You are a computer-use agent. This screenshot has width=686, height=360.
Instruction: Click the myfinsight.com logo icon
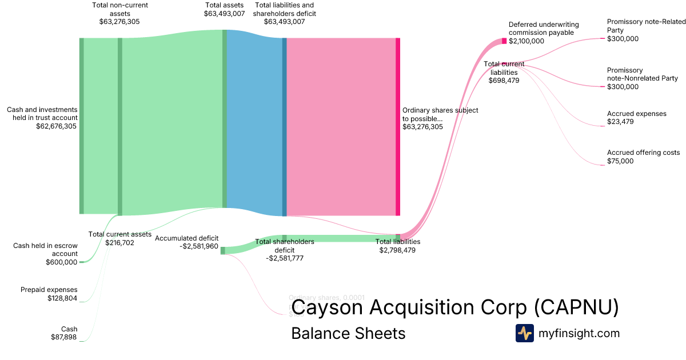pos(524,333)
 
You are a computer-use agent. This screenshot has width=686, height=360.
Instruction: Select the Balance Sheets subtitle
pos(348,333)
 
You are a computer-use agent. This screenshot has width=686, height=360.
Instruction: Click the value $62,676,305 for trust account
pos(56,126)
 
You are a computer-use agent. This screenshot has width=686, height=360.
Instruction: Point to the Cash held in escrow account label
pos(45,250)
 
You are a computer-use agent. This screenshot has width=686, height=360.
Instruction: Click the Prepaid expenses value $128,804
pos(62,298)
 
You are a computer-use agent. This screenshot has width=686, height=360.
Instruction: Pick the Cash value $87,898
pos(64,337)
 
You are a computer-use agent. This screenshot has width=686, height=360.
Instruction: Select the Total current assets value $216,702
pos(119,242)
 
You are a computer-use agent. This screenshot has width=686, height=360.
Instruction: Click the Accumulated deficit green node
pos(223,250)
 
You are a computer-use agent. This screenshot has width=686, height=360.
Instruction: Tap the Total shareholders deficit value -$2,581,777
pos(285,258)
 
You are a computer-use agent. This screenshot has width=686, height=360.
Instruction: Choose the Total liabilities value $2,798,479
pos(397,250)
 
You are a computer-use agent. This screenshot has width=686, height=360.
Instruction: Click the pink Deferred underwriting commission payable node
pos(504,41)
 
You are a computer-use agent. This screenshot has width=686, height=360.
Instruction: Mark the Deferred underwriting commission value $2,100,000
pos(527,41)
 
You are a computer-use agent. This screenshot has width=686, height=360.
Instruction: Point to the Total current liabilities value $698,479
pos(504,81)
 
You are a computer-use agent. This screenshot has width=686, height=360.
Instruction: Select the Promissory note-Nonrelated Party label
pos(642,74)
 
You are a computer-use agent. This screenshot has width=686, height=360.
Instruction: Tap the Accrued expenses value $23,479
pos(620,122)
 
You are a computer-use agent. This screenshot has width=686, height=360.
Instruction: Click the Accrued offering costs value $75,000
pos(620,161)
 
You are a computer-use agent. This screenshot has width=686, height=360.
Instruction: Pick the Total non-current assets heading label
pos(119,9)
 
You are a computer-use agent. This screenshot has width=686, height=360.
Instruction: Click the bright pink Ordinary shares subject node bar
pos(398,126)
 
